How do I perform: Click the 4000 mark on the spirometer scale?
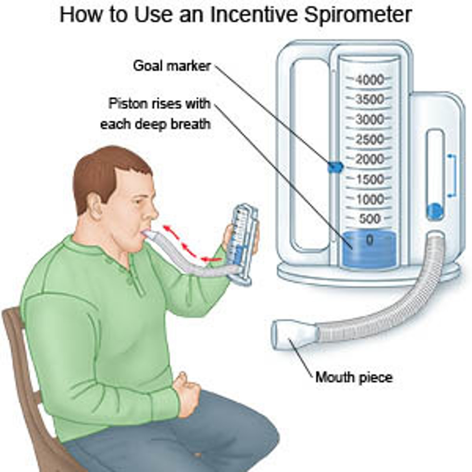point(369,80)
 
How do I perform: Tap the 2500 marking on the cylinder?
point(369,139)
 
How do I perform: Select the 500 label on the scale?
point(369,219)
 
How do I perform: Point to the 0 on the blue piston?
point(369,240)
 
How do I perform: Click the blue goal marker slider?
point(335,167)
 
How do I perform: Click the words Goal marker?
point(172,65)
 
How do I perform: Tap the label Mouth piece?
point(354,378)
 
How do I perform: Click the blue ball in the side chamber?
point(435,210)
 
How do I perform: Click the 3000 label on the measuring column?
point(369,119)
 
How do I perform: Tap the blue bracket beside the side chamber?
point(452,175)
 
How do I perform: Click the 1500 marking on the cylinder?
point(369,179)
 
